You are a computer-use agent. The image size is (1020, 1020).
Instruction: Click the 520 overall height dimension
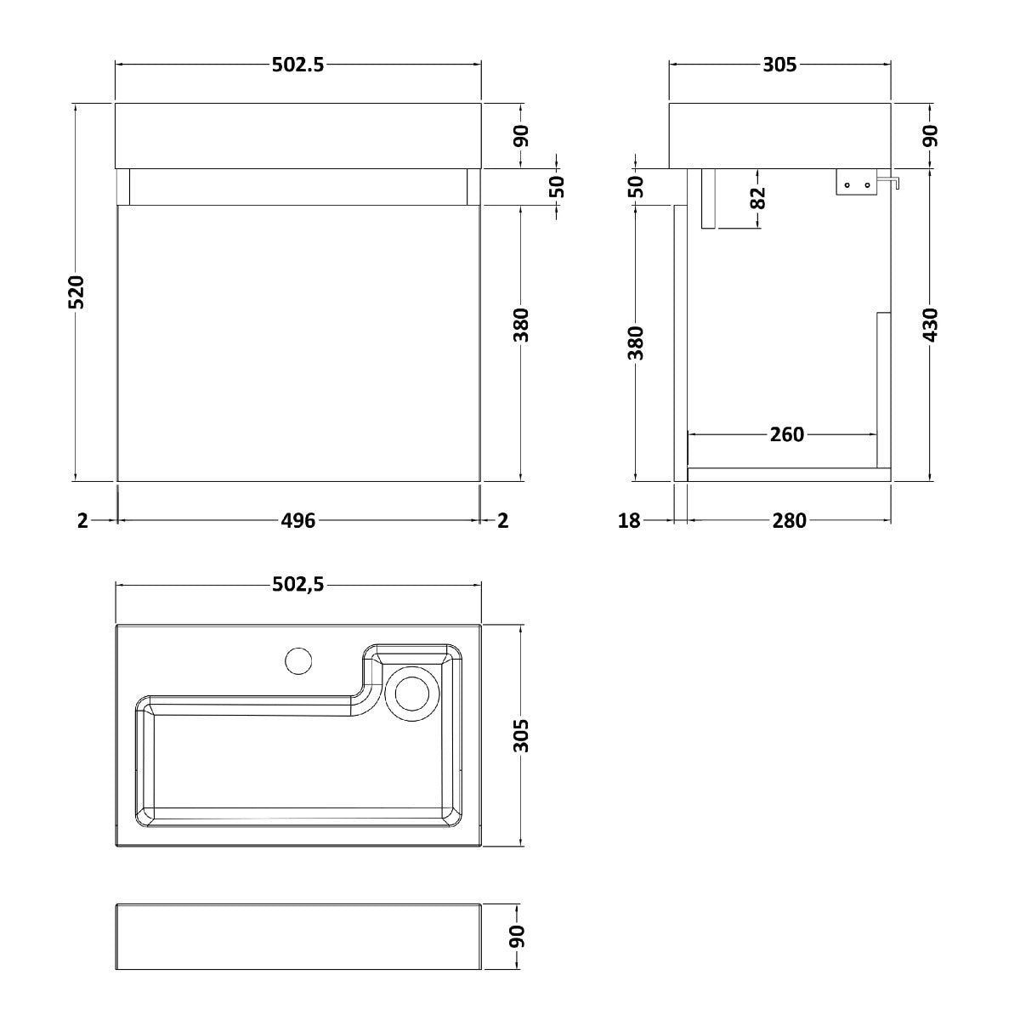(x=76, y=292)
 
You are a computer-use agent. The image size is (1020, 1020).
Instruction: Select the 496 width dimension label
(x=298, y=521)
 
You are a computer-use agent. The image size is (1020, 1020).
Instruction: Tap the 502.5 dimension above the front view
(x=298, y=65)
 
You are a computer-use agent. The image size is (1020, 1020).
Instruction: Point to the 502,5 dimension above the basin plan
(x=298, y=584)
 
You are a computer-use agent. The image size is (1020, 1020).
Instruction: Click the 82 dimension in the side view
(x=758, y=198)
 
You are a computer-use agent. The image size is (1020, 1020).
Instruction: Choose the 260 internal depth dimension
(x=787, y=434)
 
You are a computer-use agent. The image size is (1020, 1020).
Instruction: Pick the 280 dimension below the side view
(x=789, y=521)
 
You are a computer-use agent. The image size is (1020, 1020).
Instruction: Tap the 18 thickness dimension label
(x=629, y=521)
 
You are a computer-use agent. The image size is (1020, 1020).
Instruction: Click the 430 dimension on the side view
(x=930, y=325)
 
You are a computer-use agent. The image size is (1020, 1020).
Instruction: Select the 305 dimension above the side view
(x=779, y=65)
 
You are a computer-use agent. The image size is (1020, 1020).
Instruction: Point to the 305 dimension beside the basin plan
(x=521, y=735)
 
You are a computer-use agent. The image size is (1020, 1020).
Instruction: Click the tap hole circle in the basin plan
(x=298, y=660)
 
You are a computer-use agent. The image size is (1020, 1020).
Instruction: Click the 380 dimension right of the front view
(x=521, y=325)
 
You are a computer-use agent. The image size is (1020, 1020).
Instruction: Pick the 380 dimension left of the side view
(x=636, y=343)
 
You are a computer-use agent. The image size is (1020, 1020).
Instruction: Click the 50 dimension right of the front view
(x=557, y=187)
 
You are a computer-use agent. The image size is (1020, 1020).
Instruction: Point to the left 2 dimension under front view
(x=82, y=521)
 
